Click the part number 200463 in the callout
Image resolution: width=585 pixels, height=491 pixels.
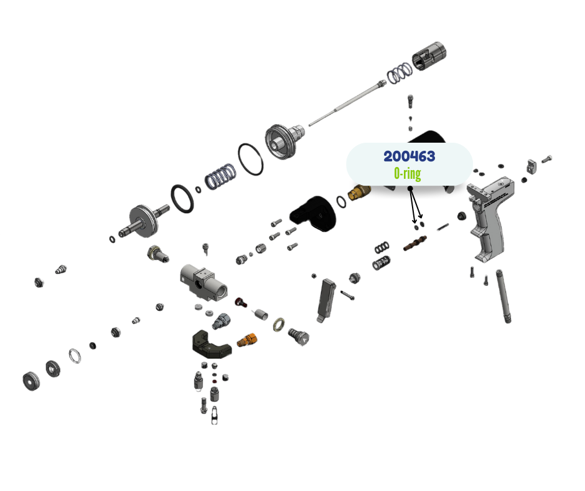(x=409, y=156)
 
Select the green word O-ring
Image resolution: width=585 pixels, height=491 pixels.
(x=407, y=173)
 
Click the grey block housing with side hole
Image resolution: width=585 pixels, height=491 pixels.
(x=202, y=280)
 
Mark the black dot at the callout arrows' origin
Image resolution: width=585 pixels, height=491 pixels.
(x=410, y=188)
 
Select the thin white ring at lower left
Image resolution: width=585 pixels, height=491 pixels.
(x=75, y=356)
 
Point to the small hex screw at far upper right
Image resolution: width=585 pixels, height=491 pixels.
(x=547, y=159)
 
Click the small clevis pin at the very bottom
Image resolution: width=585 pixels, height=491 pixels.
(x=214, y=415)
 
